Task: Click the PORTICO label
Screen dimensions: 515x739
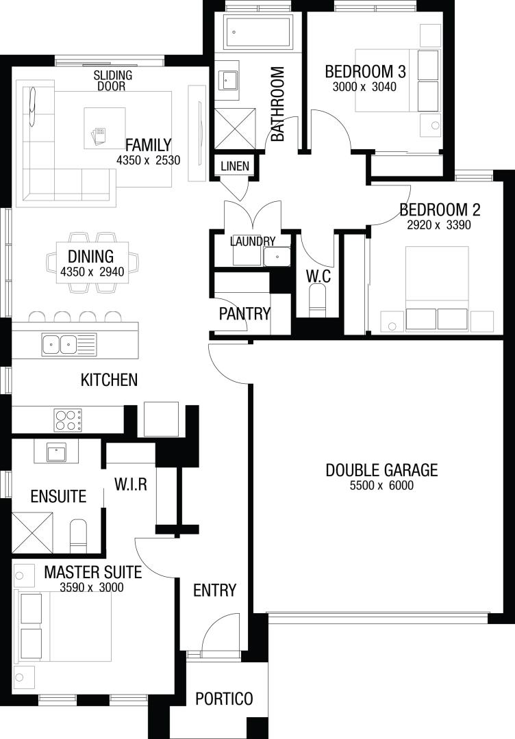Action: point(224,698)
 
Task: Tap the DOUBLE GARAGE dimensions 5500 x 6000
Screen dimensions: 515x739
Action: point(381,485)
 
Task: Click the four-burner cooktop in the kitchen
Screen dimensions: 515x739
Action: point(68,420)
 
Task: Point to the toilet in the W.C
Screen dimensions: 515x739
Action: point(317,300)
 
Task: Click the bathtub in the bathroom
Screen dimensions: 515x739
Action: point(257,32)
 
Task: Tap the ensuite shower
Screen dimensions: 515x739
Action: point(33,532)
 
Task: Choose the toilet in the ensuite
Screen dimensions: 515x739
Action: point(78,536)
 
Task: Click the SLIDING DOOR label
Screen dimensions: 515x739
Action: point(113,80)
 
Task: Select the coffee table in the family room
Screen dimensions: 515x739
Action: point(105,128)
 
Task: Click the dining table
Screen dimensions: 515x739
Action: point(92,262)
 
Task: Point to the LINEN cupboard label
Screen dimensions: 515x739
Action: point(235,166)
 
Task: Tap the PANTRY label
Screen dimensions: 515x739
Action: point(244,313)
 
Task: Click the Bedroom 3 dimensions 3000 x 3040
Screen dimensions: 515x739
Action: point(364,87)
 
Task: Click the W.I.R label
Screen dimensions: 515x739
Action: point(131,484)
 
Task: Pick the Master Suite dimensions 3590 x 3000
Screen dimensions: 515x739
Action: point(92,587)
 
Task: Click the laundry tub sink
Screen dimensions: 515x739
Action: point(277,257)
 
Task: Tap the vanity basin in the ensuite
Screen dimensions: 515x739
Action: point(56,453)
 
